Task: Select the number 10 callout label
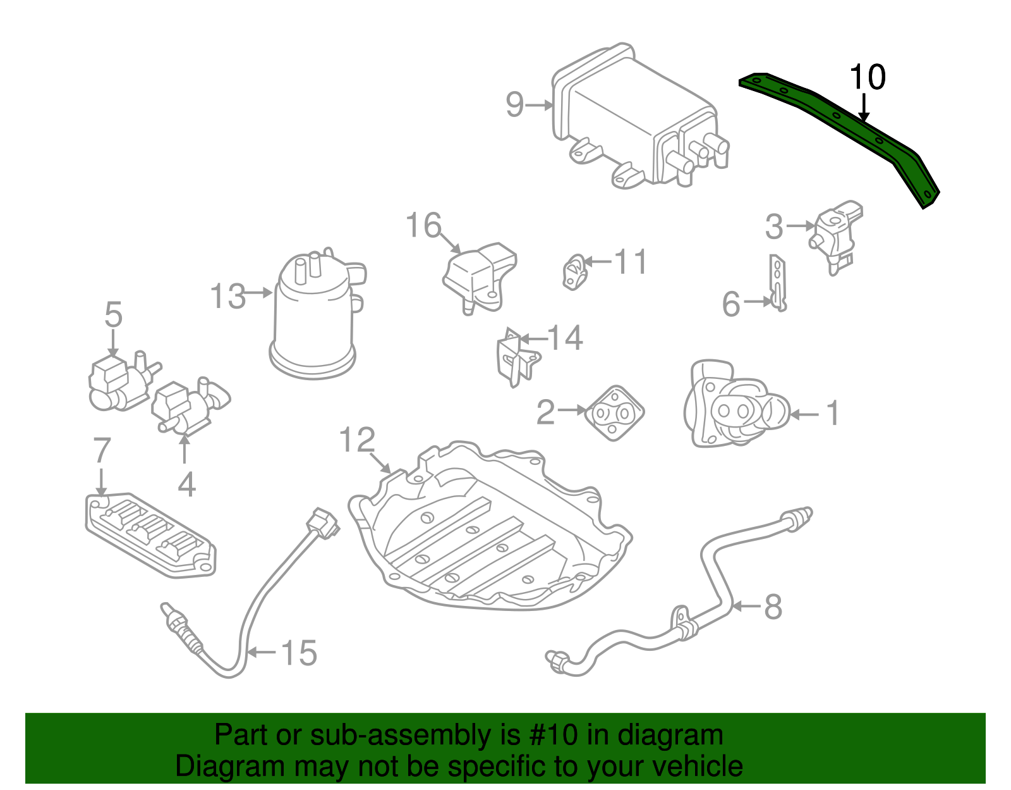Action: coord(867,78)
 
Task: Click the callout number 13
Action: coord(227,296)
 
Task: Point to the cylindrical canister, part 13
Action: coord(314,316)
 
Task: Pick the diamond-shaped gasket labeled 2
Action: coord(614,413)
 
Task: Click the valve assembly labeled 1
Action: coord(733,406)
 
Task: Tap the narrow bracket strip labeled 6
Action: coord(778,283)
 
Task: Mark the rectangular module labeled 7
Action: coord(150,534)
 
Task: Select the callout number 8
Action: coord(773,607)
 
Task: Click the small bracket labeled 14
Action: coord(514,358)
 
